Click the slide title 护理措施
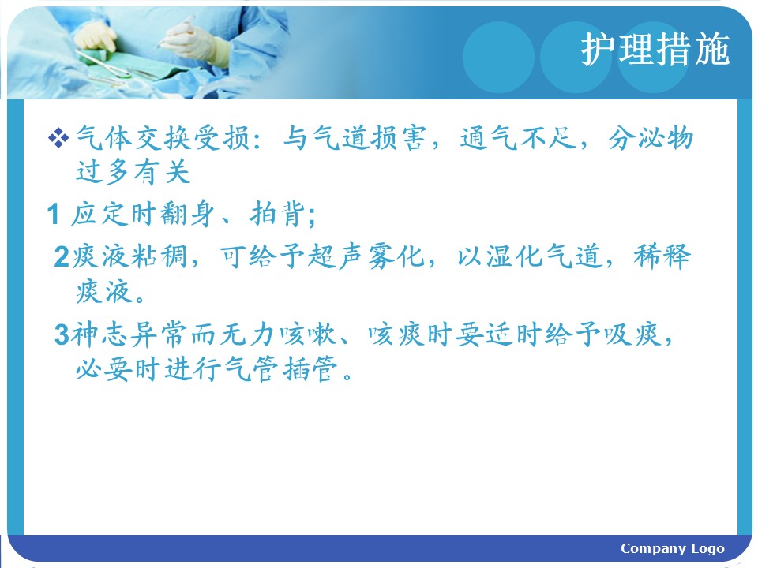coord(655,49)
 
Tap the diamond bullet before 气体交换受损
coord(58,138)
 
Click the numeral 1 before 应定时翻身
coord(53,214)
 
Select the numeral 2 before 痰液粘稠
coord(62,256)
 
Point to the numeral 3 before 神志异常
coord(62,334)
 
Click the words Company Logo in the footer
coord(673,549)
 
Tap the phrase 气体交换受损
coord(163,138)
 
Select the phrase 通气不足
coord(518,137)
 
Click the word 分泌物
coord(651,138)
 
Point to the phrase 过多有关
coord(133,172)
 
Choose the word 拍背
coord(277,214)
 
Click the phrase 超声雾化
coord(366,256)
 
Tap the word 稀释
coord(662,256)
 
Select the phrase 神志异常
coord(129,334)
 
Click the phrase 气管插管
coord(280,369)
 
